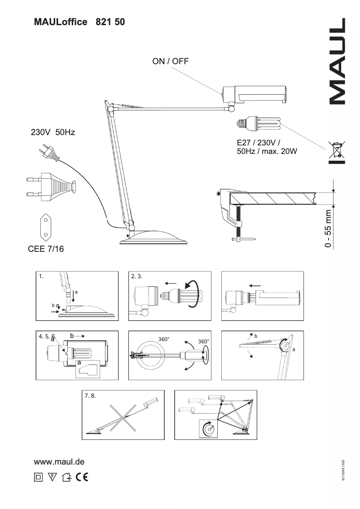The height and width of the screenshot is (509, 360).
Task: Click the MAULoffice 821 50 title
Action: [x=79, y=22]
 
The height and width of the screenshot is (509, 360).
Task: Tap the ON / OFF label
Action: [x=171, y=61]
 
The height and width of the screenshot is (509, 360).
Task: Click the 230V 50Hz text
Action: [x=53, y=132]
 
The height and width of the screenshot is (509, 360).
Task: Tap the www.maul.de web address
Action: [x=59, y=461]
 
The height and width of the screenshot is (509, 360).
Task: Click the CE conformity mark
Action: [x=82, y=477]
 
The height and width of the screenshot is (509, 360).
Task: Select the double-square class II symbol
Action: [x=38, y=477]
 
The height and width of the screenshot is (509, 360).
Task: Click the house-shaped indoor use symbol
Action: [x=66, y=477]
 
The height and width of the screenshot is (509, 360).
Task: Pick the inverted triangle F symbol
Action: [x=52, y=477]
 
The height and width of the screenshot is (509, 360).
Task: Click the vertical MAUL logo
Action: [x=338, y=61]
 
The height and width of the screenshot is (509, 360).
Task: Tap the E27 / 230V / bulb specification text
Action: [x=267, y=147]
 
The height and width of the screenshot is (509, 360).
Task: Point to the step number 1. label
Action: [x=41, y=276]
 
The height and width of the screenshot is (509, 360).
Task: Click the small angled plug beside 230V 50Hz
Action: [x=50, y=153]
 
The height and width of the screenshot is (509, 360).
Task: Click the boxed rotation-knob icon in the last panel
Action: [x=208, y=428]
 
